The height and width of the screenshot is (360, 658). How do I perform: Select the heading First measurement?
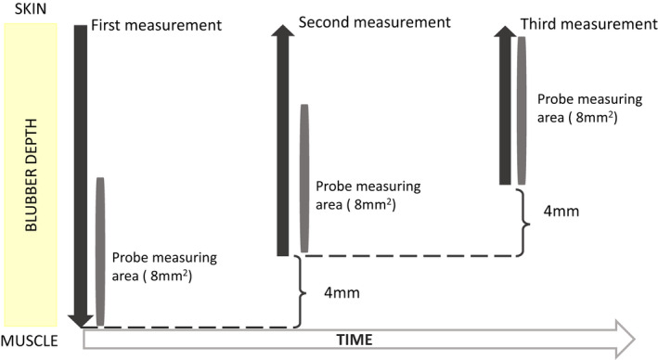[x=156, y=25]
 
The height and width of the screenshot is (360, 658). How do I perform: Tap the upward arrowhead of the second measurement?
[x=283, y=35]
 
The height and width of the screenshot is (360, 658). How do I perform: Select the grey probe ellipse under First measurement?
[x=100, y=251]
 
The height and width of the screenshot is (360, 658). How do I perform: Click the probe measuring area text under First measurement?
[x=165, y=266]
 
